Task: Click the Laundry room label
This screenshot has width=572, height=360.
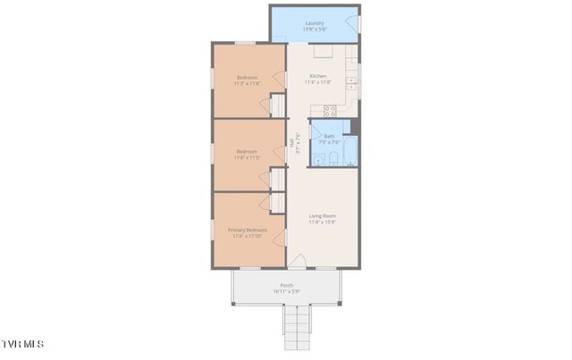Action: click(314, 23)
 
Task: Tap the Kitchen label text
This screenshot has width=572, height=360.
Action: click(318, 76)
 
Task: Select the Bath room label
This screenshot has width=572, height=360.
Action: click(329, 136)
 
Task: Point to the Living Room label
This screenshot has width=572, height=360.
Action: click(322, 215)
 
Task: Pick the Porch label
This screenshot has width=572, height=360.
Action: click(286, 286)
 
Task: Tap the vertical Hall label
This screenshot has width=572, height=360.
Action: click(291, 142)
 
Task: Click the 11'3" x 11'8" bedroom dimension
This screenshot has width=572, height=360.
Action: click(247, 84)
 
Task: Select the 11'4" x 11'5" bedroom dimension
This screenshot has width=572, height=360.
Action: click(247, 158)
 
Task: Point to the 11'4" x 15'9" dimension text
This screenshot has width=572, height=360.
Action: click(322, 222)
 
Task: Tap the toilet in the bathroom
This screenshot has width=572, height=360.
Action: click(332, 160)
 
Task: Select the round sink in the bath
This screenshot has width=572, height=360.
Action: click(317, 161)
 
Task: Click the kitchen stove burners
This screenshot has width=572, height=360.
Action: click(329, 111)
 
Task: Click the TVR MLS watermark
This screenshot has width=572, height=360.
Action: click(21, 344)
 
